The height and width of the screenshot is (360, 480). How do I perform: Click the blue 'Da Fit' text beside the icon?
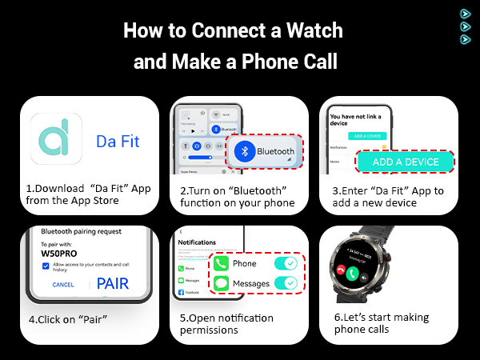(x=118, y=142)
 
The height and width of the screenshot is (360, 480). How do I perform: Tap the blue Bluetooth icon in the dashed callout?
(x=249, y=150)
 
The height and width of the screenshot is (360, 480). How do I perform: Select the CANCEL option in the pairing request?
(x=63, y=285)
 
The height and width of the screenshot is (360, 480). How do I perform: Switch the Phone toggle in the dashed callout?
(x=284, y=262)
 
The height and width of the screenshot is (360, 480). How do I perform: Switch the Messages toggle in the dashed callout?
(x=284, y=283)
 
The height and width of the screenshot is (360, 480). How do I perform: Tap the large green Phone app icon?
(x=222, y=262)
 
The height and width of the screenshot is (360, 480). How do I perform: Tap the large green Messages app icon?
(x=222, y=283)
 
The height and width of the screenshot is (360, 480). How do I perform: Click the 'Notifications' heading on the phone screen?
(x=198, y=242)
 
